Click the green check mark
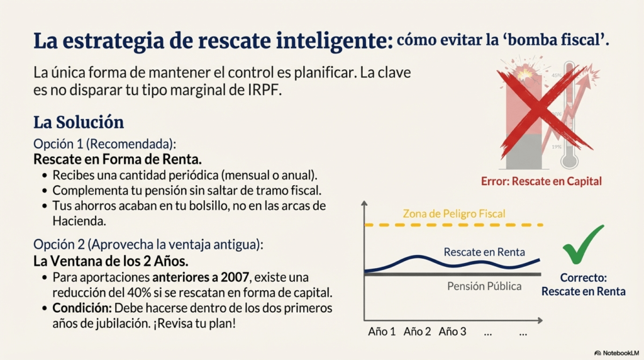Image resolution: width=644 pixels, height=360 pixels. pos(582,245)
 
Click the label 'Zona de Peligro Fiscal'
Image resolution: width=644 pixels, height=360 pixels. pos(453,214)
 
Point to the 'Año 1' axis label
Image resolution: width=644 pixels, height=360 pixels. pos(382,332)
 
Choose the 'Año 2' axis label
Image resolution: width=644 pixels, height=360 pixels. pos(418,332)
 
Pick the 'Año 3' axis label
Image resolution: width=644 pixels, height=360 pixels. pos(453,332)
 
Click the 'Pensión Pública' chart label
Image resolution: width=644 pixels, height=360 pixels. pos(484,286)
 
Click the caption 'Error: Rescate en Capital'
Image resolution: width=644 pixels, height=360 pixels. pos(541,181)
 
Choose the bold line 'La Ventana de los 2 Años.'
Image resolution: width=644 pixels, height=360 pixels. pos(111,261)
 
